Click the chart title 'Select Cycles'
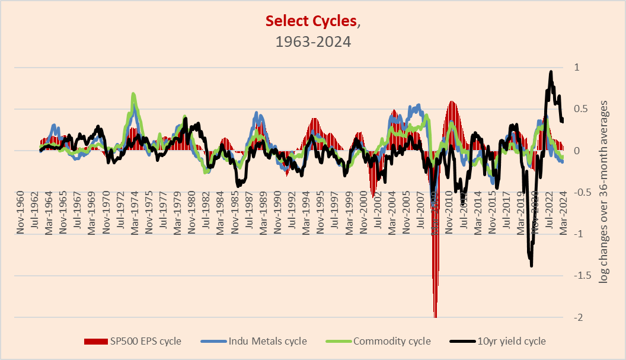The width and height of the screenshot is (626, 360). pyautogui.click(x=311, y=21)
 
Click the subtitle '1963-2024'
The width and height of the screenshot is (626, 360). pyautogui.click(x=312, y=42)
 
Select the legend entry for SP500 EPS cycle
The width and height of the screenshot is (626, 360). pyautogui.click(x=133, y=341)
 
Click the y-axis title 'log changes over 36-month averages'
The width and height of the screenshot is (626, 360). pyautogui.click(x=603, y=192)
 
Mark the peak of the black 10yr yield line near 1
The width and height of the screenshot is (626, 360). pyautogui.click(x=551, y=72)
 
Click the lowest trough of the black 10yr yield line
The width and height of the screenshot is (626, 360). pyautogui.click(x=531, y=265)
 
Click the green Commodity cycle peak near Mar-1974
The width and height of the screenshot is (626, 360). pyautogui.click(x=133, y=94)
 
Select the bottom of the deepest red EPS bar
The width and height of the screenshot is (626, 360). pyautogui.click(x=436, y=317)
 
